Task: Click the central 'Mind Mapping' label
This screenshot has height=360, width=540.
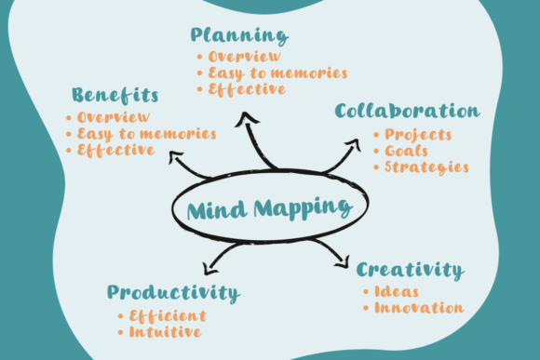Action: point(270,208)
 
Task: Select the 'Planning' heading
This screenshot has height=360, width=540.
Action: point(239,35)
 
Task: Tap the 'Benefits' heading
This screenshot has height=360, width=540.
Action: point(115,95)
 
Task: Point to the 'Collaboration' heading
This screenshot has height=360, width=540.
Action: point(408,111)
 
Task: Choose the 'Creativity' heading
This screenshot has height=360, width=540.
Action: point(411,270)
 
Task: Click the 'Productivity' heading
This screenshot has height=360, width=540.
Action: point(173,293)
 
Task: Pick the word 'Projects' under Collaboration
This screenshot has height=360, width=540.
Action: point(418,135)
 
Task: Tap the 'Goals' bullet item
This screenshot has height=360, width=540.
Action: point(406,151)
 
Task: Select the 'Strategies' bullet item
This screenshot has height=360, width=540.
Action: point(426,167)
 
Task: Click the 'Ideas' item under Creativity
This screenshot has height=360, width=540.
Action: point(397,292)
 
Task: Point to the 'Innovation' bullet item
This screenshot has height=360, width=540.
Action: point(419,308)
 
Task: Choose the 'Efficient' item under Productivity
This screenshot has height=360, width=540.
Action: point(168,316)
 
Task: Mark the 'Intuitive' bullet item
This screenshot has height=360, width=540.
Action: point(166,332)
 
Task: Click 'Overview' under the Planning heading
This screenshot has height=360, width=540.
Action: point(245,57)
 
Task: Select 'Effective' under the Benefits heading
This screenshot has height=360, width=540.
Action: point(115,151)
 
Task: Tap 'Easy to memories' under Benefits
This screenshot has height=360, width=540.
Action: point(147,134)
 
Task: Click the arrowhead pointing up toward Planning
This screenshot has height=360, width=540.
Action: point(247,119)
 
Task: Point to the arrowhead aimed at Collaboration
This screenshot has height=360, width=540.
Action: point(354,145)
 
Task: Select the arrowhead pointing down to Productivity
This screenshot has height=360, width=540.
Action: point(209,269)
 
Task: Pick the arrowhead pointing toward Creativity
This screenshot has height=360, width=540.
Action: point(343,262)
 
